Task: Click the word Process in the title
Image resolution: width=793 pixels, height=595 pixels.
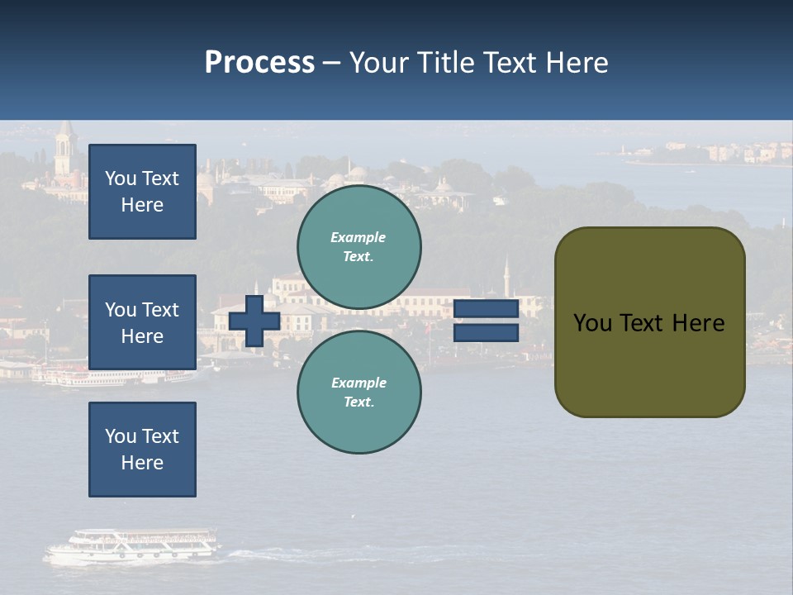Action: coord(259,63)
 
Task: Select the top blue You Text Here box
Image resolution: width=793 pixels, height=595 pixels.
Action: coord(142,192)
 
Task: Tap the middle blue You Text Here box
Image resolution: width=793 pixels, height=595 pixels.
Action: coord(142,322)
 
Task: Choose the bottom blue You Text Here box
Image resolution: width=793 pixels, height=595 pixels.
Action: coord(142,450)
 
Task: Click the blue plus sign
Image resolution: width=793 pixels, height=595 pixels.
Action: coord(254,321)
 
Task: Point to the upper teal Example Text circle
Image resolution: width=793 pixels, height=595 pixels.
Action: coord(359,247)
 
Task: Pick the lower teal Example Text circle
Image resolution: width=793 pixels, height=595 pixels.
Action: coord(359,393)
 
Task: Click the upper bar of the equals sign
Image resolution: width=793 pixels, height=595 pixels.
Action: coord(486,309)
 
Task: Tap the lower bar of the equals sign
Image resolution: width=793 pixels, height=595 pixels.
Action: coord(486,333)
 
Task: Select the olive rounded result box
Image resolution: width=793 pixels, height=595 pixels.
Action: coord(650,322)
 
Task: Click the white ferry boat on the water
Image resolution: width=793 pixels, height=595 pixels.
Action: coord(132,546)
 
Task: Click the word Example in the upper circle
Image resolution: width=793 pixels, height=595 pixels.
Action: coord(359,237)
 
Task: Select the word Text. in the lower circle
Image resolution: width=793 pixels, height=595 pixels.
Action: coord(359,402)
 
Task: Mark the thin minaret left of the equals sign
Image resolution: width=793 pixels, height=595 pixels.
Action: coord(506,277)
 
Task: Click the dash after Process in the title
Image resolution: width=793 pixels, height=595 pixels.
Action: coord(331,63)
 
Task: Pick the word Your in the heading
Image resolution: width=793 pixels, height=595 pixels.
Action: coord(379,63)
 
